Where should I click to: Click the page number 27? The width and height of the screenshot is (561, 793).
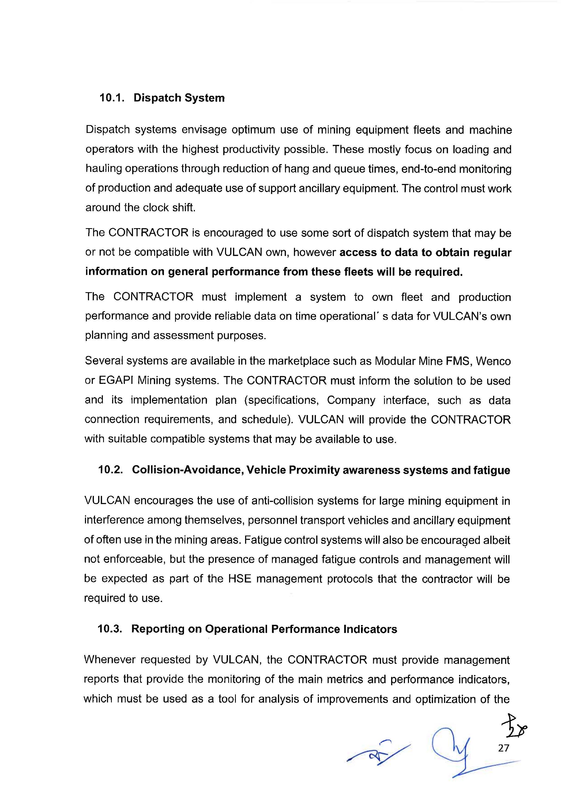(x=504, y=748)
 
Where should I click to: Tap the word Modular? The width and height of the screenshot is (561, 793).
(x=395, y=361)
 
